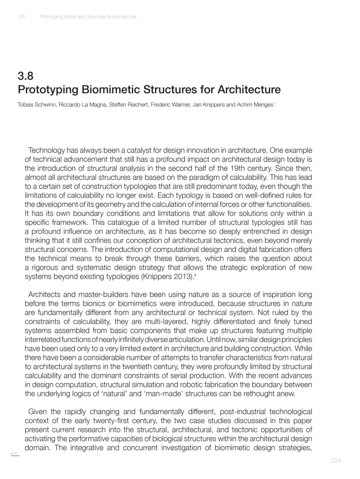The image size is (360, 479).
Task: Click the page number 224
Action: click(336, 461)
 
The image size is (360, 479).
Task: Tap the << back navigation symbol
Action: click(15, 454)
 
